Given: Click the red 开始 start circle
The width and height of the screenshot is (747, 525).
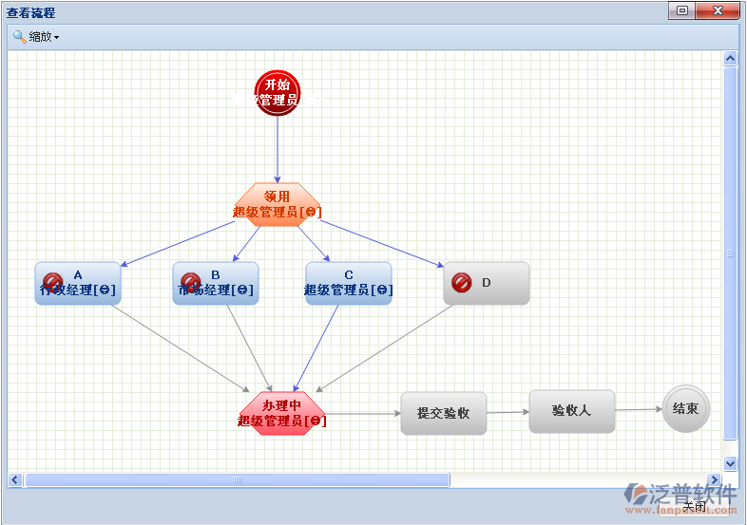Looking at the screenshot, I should (278, 93).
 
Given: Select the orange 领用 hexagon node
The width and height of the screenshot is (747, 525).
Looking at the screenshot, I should (278, 204).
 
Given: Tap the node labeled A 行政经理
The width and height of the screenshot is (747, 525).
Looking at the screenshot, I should (78, 283).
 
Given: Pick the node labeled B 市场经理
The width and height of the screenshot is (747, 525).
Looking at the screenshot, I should (216, 283).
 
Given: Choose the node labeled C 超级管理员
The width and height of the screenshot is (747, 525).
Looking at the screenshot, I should (349, 283).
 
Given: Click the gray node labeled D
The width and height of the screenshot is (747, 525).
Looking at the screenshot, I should (487, 283).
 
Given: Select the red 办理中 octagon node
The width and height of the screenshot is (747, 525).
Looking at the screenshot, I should (282, 413).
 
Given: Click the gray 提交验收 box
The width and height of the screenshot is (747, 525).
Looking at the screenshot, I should (444, 413).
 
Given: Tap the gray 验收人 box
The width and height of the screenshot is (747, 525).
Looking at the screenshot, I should (572, 411).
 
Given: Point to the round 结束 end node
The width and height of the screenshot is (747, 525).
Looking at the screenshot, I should (686, 408).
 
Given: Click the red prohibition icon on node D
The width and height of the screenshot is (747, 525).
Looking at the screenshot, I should (462, 283).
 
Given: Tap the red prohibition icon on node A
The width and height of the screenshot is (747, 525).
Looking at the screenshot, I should (53, 283).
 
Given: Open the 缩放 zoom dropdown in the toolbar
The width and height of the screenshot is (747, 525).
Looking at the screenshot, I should (36, 37).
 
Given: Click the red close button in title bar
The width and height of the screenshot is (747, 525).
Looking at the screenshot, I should (717, 11).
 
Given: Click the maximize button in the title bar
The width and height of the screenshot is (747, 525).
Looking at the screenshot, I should (681, 11).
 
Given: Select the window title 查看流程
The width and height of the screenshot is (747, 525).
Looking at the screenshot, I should (31, 12).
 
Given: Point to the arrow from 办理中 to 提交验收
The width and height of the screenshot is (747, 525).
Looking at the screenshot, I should (363, 414).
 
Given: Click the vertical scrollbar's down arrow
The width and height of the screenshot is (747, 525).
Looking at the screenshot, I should (731, 463).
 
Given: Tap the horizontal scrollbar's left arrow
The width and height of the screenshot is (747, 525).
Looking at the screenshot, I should (15, 480).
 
